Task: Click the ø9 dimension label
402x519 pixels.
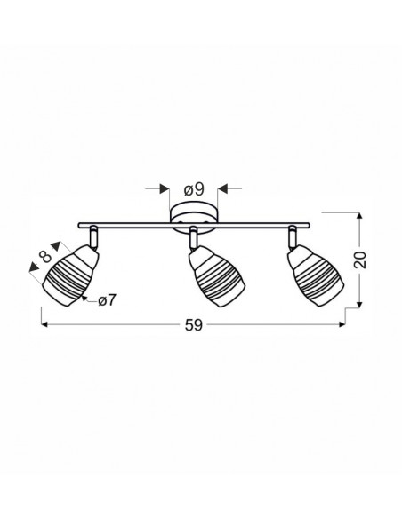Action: coord(194,189)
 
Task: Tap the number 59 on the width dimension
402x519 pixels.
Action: coord(193,325)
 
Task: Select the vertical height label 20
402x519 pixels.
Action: coord(360,259)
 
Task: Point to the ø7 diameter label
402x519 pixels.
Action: coord(107,300)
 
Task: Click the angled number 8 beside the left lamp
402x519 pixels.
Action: coord(45,256)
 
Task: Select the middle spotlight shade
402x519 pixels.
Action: coord(216,278)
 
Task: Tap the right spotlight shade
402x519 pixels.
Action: coord(315,276)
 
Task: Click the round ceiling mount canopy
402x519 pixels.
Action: coord(194,219)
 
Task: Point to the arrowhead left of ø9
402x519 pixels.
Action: coord(165,188)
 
